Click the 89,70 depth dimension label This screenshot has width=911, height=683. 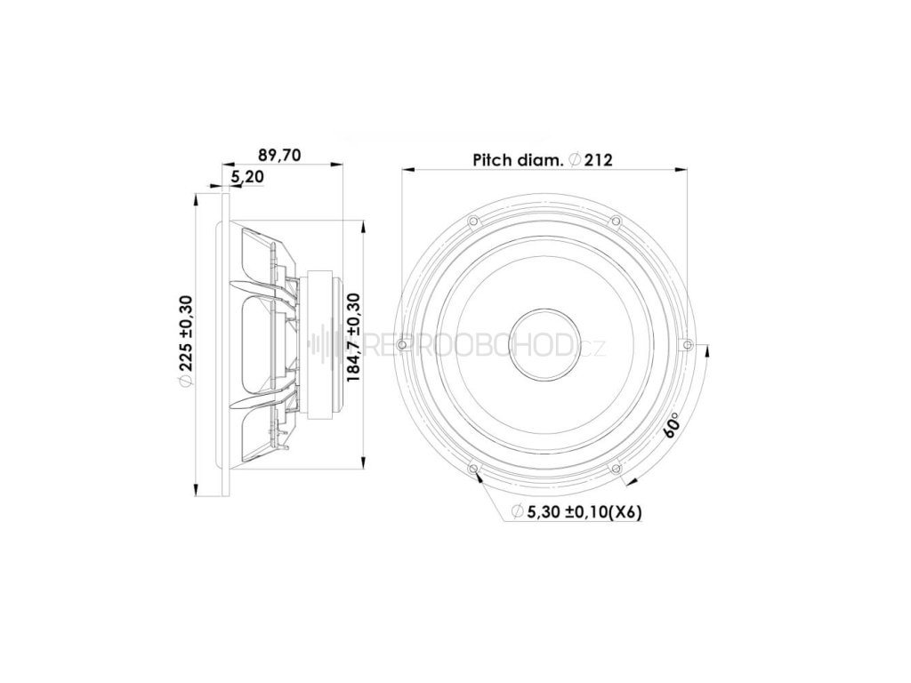click(278, 156)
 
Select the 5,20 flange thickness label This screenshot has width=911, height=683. click(247, 177)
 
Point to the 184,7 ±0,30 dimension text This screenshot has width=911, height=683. click(354, 337)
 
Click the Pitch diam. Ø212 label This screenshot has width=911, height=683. click(543, 160)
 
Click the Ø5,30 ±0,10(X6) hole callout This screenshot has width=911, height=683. click(576, 511)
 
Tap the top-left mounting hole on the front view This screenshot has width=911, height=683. click(472, 221)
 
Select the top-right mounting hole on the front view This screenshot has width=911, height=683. click(616, 221)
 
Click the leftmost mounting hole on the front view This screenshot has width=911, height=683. click(400, 345)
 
